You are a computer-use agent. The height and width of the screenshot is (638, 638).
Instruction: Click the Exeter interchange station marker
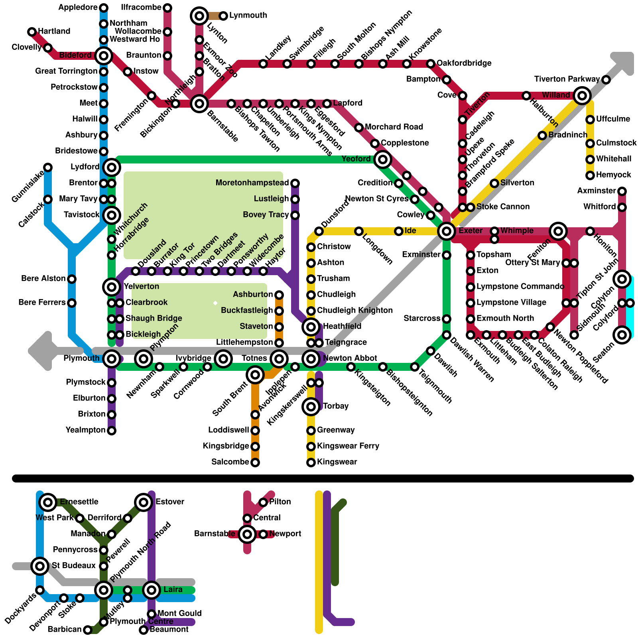click(447, 231)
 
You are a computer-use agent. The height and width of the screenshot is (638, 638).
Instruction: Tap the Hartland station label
click(54, 31)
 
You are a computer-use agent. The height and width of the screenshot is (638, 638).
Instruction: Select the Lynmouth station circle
click(223, 16)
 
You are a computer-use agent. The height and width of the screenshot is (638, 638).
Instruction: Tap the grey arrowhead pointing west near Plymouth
click(40, 351)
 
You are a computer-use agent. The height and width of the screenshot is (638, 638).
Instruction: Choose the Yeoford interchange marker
click(383, 159)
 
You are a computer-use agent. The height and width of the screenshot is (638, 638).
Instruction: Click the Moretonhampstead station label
click(252, 183)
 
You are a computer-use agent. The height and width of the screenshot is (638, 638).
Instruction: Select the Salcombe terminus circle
click(255, 462)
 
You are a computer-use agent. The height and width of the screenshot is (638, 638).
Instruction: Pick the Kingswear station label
click(337, 462)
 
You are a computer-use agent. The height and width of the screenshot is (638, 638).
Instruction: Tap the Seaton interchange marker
click(622, 335)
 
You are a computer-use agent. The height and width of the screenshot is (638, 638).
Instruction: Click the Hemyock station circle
click(590, 175)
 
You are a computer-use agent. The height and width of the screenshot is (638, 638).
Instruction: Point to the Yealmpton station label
click(85, 430)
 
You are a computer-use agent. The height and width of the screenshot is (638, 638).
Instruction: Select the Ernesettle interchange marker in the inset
click(48, 502)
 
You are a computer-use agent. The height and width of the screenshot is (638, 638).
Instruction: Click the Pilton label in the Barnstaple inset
click(280, 502)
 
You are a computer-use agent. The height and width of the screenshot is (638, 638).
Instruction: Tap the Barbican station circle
click(88, 630)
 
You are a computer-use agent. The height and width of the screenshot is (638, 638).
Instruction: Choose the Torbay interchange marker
click(311, 406)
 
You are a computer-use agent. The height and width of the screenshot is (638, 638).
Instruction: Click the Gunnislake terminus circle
click(48, 167)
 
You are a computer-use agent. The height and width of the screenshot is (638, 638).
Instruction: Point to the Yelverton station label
click(141, 286)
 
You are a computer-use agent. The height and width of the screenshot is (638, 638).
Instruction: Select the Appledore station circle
click(104, 8)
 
